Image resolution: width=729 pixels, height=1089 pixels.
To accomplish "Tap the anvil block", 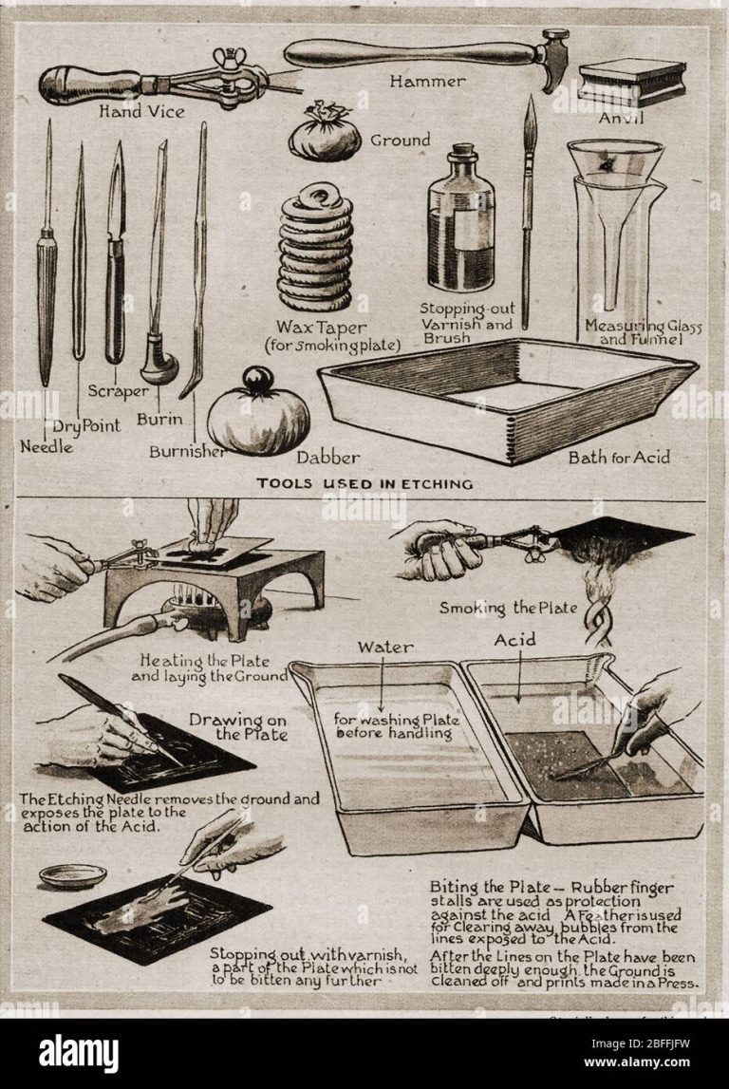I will (x=632, y=83).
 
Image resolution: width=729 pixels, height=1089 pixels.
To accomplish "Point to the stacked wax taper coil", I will (x=315, y=251).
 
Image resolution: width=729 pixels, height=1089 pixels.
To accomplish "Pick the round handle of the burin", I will (x=158, y=366).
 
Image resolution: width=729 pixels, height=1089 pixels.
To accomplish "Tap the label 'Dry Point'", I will (x=86, y=426).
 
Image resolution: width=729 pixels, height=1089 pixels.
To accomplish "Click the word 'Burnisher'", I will (x=187, y=452).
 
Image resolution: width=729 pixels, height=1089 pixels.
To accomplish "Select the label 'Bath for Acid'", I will (x=619, y=458).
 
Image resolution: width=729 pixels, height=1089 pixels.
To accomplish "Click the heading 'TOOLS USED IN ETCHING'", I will (x=365, y=484).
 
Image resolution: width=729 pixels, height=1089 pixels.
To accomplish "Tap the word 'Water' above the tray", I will (x=384, y=648).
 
